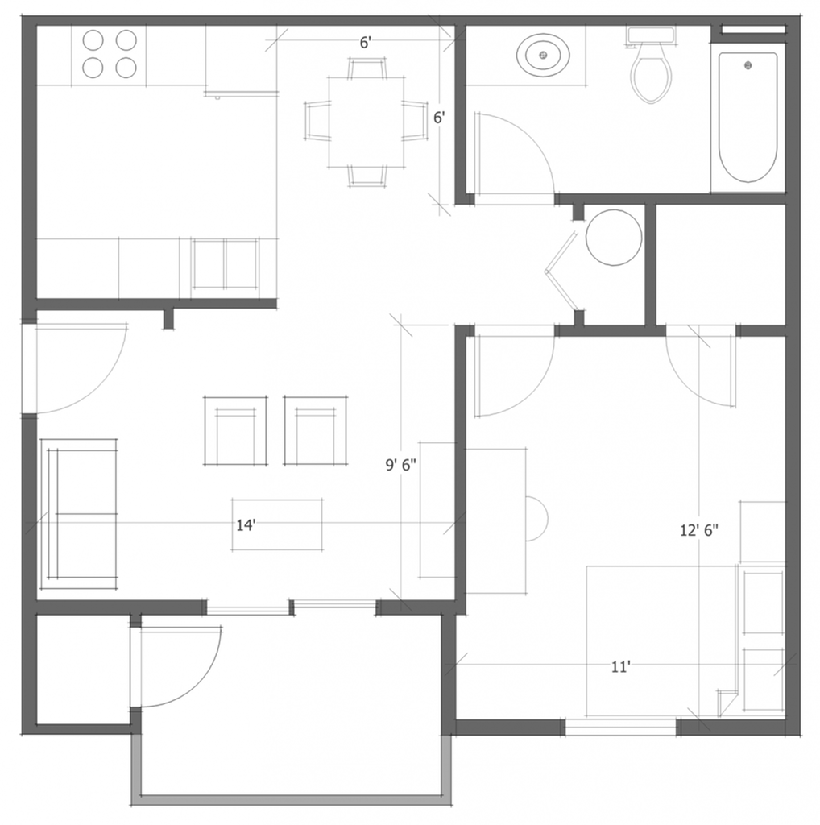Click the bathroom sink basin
point(544,55)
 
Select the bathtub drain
point(748,65)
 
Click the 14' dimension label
point(246,525)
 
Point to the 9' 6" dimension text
point(401,465)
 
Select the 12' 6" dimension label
point(699,530)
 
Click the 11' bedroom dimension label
point(621,667)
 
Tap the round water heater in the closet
point(614,238)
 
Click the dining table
point(367,122)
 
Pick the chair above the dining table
point(367,68)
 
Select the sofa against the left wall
point(80,514)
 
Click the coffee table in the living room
point(277,525)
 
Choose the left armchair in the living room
point(235,431)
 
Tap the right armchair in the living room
point(316,431)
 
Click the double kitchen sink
point(225,263)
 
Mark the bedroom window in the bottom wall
point(621,728)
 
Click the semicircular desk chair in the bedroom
point(537,518)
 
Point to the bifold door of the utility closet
point(562,272)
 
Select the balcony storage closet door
point(176,666)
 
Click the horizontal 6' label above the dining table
point(366,43)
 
